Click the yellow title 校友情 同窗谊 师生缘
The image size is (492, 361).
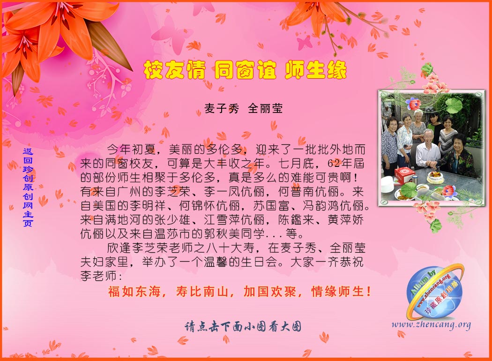coord(245,70)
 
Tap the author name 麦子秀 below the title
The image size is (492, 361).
coord(222,109)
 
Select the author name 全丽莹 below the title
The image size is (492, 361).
coord(265,109)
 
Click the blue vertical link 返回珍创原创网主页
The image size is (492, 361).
coord(28,188)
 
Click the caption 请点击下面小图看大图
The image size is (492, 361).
coord(243,327)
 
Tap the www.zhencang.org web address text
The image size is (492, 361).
coord(431,324)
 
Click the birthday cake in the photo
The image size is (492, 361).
coord(435,177)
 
